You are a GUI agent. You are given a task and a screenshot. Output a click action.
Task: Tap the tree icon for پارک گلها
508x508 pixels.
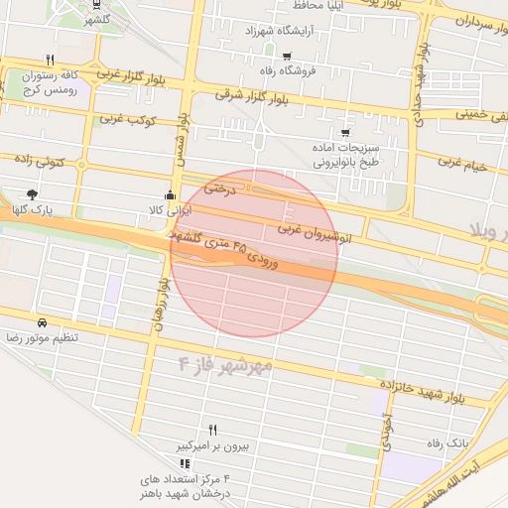[x=33, y=194]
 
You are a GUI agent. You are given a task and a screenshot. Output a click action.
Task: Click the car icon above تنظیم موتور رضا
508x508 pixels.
[x=42, y=323]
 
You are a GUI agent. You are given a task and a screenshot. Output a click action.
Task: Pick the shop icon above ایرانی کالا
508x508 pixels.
[x=170, y=195]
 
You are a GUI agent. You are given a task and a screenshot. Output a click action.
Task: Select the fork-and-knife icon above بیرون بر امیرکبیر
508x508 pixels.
[x=212, y=430]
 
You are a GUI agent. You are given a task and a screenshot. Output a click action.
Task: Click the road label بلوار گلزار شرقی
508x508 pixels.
[x=251, y=102]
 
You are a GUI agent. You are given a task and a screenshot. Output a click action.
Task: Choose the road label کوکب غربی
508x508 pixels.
[x=125, y=119]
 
